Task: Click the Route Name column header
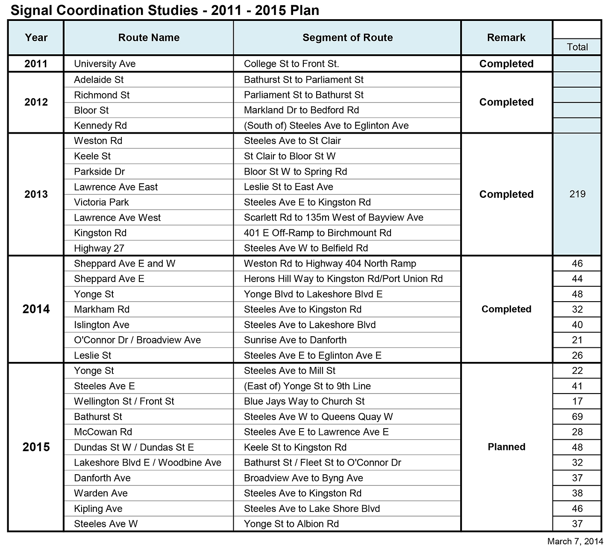point(149,38)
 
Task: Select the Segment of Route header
point(347,38)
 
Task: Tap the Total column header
point(577,47)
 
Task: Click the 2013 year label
point(36,194)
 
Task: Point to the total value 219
point(577,194)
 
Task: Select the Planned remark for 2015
point(506,447)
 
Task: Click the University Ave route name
point(105,64)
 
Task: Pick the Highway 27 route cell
point(99,248)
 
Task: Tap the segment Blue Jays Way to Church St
point(304,401)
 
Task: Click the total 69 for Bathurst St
point(577,417)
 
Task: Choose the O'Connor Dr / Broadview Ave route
point(137,340)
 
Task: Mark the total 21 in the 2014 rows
point(577,340)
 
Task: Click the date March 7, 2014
point(575,542)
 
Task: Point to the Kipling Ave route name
point(98,508)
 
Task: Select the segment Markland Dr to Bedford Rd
point(301,110)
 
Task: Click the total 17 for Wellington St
point(577,401)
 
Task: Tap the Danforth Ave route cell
point(102,478)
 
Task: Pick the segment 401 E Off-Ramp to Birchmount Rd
point(317,233)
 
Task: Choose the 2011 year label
point(36,64)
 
